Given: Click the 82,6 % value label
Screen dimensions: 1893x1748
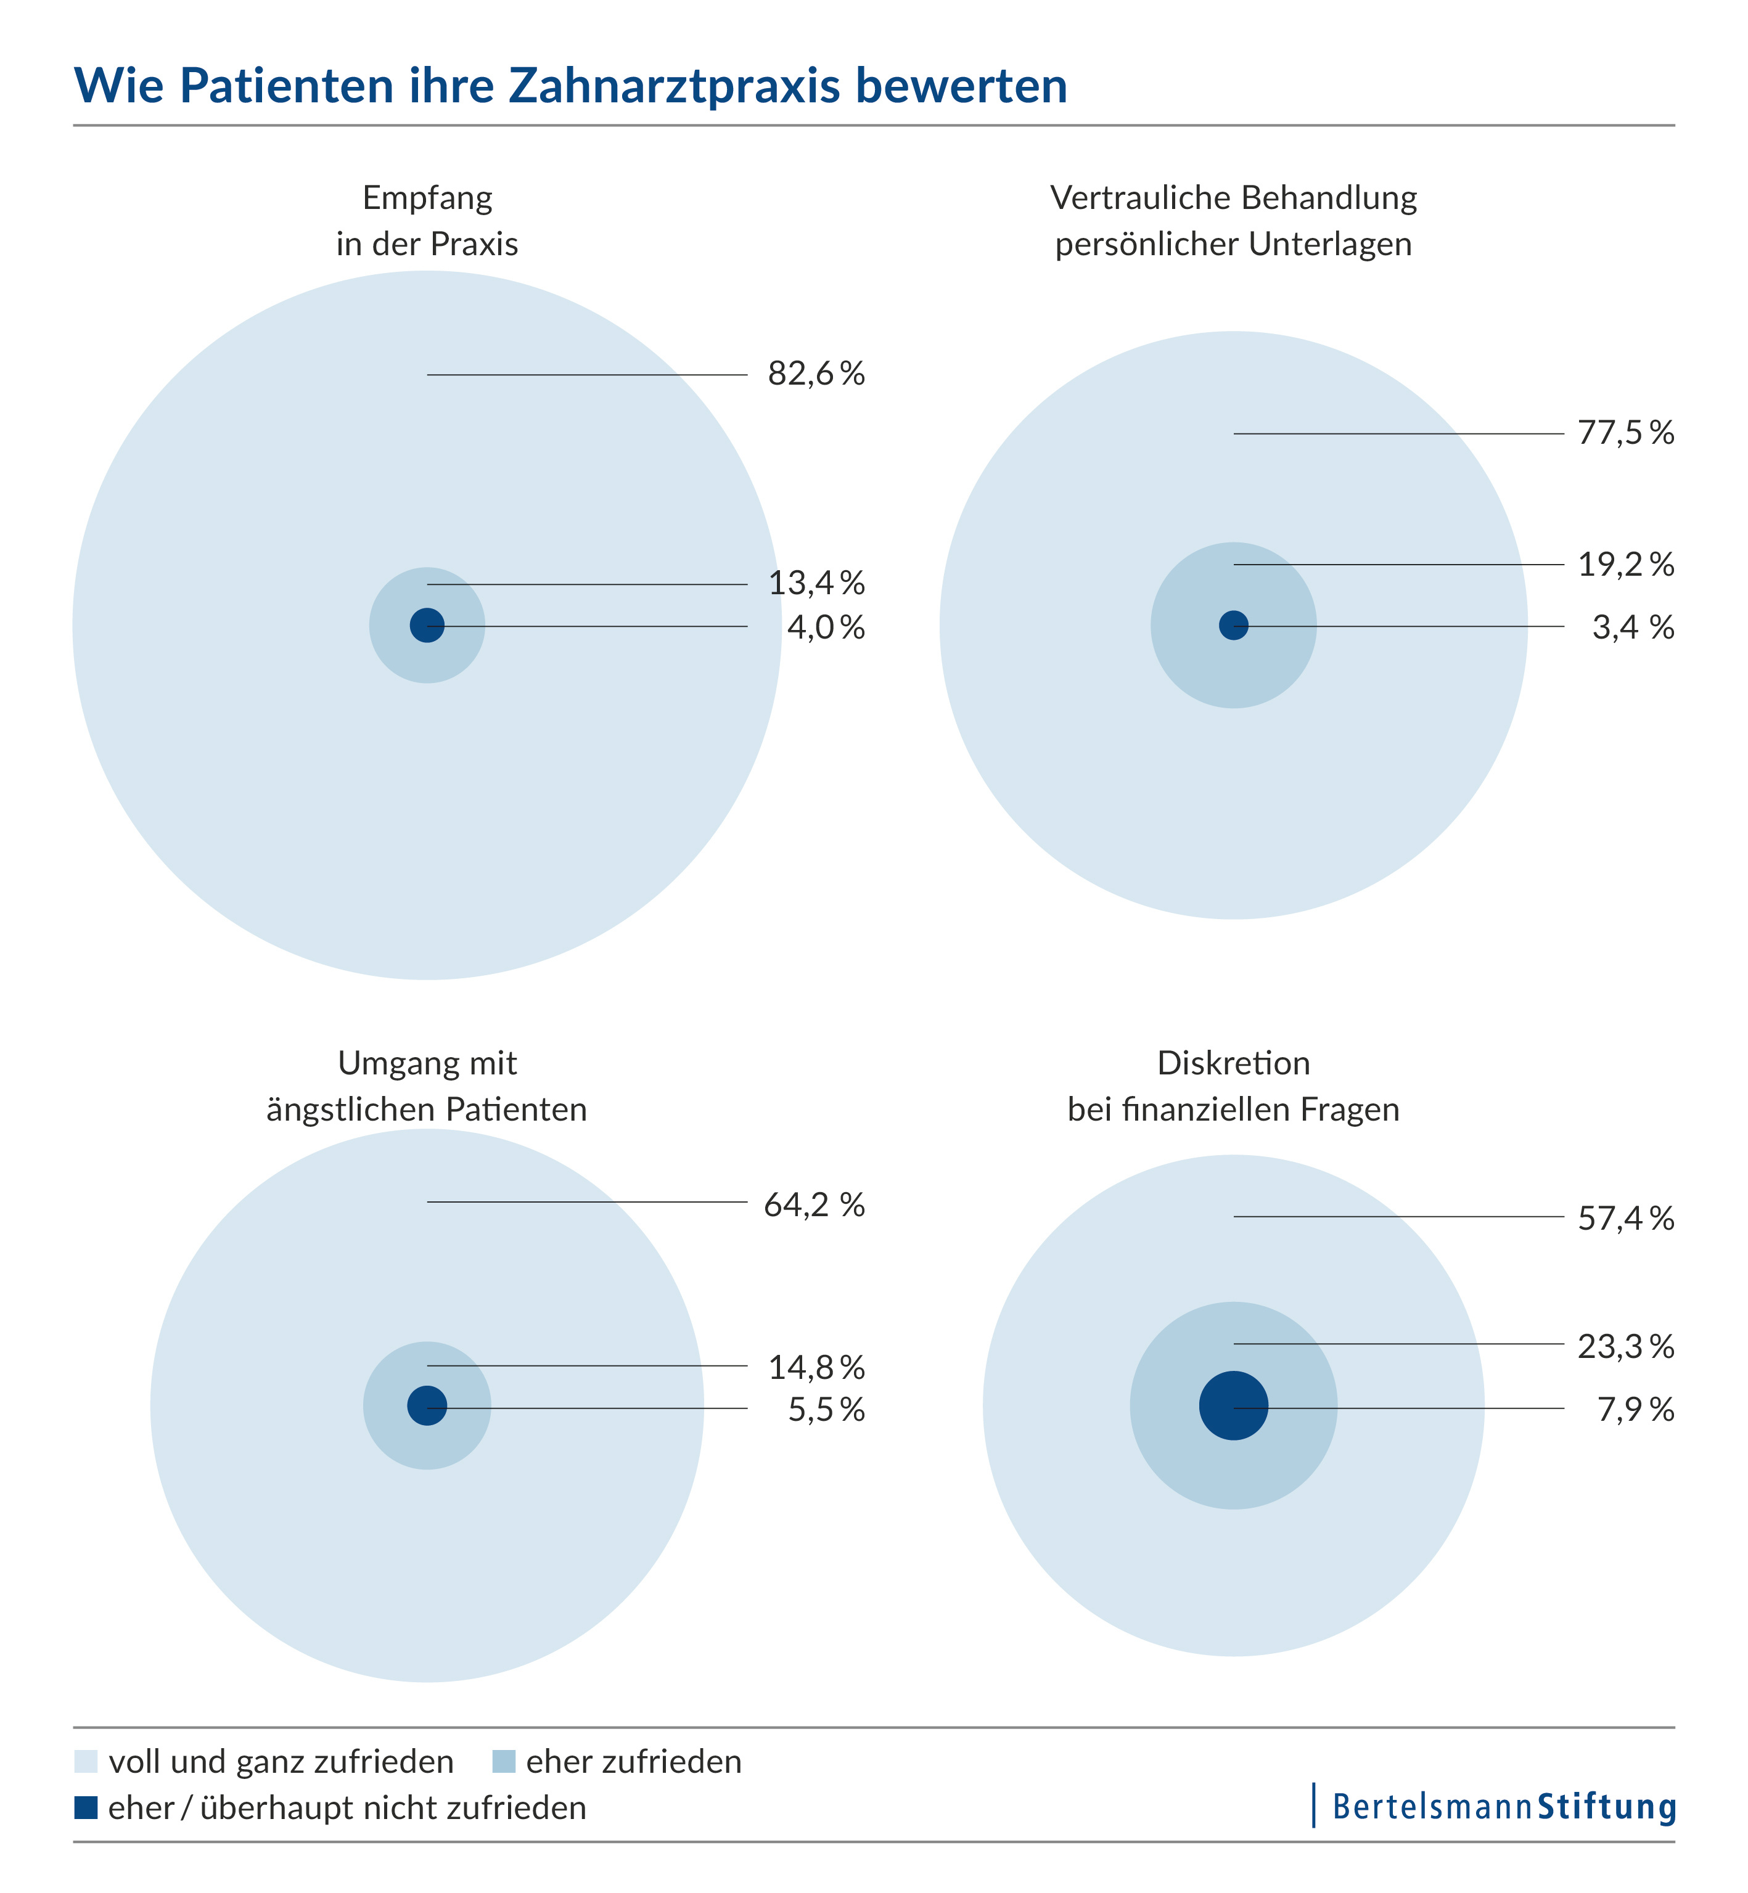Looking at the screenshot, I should [x=815, y=374].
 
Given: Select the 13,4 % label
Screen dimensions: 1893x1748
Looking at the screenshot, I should [x=815, y=583].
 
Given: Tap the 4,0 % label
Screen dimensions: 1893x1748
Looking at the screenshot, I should [x=826, y=627].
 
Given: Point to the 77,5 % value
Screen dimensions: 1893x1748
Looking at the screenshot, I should [x=1625, y=433].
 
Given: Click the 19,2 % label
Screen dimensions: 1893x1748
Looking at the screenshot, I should [x=1625, y=565].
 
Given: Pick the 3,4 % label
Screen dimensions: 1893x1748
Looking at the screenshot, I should [x=1633, y=627].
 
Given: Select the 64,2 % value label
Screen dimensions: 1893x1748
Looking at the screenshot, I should [x=813, y=1204].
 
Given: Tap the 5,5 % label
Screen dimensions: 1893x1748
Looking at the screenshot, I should [x=826, y=1410].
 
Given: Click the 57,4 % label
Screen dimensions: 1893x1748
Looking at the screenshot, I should [x=1625, y=1218].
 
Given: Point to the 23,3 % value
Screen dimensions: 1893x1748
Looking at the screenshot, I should [x=1625, y=1346].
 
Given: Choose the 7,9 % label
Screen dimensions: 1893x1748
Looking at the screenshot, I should [x=1635, y=1410].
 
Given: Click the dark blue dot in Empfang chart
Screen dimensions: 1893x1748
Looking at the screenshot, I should [x=427, y=625].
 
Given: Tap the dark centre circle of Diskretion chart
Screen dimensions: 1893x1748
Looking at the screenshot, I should [x=1233, y=1406].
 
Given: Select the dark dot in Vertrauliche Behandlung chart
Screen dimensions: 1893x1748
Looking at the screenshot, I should [x=1233, y=625].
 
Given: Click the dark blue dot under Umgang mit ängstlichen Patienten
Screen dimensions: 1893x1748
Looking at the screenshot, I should [x=427, y=1405].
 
